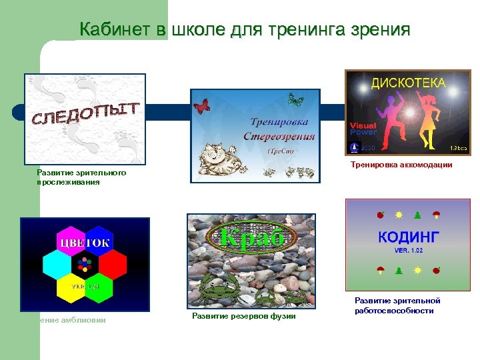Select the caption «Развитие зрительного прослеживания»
click(x=81, y=177)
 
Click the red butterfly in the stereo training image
click(x=201, y=105)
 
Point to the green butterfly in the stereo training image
click(x=295, y=101)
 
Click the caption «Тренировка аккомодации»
click(x=401, y=165)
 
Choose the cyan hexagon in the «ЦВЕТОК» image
click(x=57, y=264)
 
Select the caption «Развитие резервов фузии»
click(x=243, y=315)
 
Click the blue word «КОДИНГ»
click(x=408, y=237)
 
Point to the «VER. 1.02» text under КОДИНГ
click(x=409, y=251)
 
